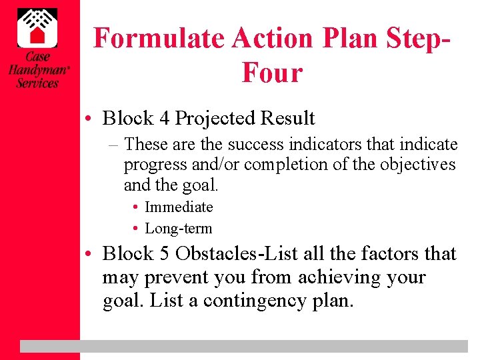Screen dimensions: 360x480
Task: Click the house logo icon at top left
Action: coord(37,25)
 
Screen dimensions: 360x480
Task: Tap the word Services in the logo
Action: coord(37,83)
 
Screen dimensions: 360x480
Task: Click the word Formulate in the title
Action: coord(159,39)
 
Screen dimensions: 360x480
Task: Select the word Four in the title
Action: coord(272,73)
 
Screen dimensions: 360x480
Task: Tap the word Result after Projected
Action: coord(287,119)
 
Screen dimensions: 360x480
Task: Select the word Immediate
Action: coord(179,207)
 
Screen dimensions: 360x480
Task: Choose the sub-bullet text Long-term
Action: coord(179,229)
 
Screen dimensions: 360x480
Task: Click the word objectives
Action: coord(419,165)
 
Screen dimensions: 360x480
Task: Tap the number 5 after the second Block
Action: coord(164,254)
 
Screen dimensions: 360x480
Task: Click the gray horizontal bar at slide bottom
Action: coord(243,346)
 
